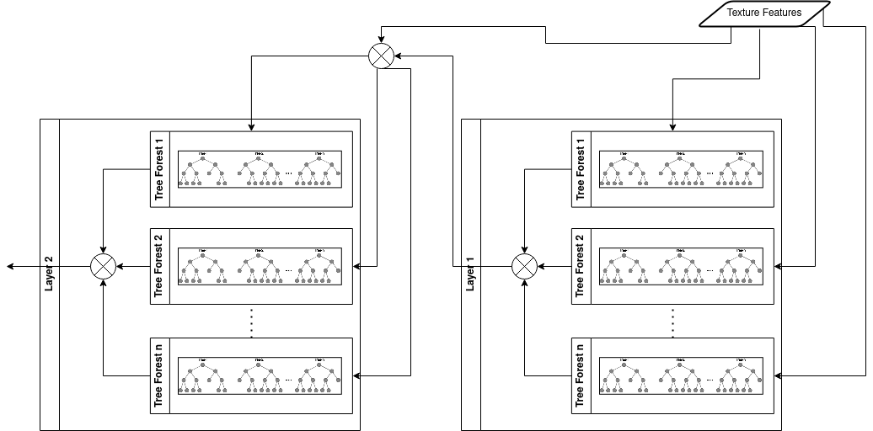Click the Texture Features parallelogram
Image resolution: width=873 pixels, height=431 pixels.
pyautogui.click(x=764, y=13)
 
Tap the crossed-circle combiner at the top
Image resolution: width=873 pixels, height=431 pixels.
pyautogui.click(x=380, y=56)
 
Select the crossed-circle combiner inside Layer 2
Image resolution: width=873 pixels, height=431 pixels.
pyautogui.click(x=103, y=266)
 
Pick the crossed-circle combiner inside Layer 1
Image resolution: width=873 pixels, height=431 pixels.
pyautogui.click(x=524, y=266)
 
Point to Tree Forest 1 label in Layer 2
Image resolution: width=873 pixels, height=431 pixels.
pyautogui.click(x=159, y=174)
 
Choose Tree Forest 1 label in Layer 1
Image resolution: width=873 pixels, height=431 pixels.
pyautogui.click(x=581, y=174)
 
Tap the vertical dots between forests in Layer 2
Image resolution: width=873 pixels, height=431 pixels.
pyautogui.click(x=252, y=322)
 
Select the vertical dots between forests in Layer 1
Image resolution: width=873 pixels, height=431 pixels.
pyautogui.click(x=673, y=322)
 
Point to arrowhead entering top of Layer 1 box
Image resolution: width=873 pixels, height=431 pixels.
pyautogui.click(x=672, y=127)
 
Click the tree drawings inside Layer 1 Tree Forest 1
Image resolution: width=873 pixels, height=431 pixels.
pyautogui.click(x=682, y=168)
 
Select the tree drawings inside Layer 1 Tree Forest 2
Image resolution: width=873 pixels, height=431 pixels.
pyautogui.click(x=682, y=266)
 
